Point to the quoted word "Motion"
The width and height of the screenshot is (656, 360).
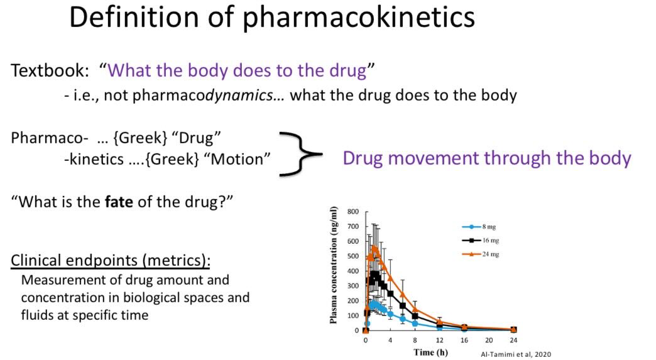241,159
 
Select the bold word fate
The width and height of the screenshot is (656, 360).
119,202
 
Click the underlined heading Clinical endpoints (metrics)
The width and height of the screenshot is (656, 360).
111,260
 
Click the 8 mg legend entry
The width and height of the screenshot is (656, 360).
479,227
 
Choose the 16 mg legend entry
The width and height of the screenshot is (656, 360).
481,241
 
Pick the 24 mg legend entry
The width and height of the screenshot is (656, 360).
481,254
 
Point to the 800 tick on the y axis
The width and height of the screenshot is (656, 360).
353,212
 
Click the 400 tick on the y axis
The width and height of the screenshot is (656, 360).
353,271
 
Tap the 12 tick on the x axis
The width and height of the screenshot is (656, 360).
439,340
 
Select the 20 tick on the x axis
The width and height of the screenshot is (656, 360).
489,340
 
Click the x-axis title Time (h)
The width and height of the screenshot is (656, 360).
430,352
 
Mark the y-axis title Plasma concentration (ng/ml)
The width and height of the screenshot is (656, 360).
334,265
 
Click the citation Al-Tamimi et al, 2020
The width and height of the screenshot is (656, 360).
515,354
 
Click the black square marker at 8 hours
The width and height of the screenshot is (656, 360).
415,315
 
